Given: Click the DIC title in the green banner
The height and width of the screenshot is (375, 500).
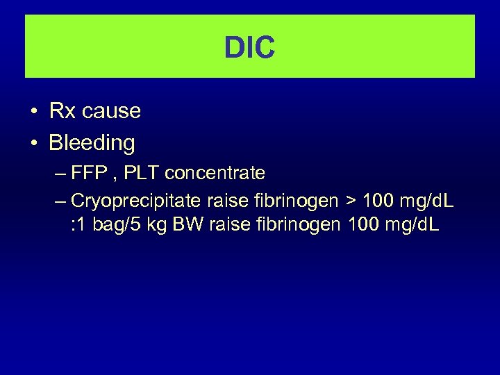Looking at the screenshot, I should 250,48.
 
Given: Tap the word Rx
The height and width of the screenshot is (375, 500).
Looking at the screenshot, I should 60,111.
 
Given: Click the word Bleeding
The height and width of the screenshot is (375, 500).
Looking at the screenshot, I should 92,143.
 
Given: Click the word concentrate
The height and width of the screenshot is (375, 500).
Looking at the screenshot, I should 215,172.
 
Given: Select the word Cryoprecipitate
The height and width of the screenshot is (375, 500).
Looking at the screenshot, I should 137,201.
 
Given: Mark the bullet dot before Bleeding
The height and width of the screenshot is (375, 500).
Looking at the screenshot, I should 33,144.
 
